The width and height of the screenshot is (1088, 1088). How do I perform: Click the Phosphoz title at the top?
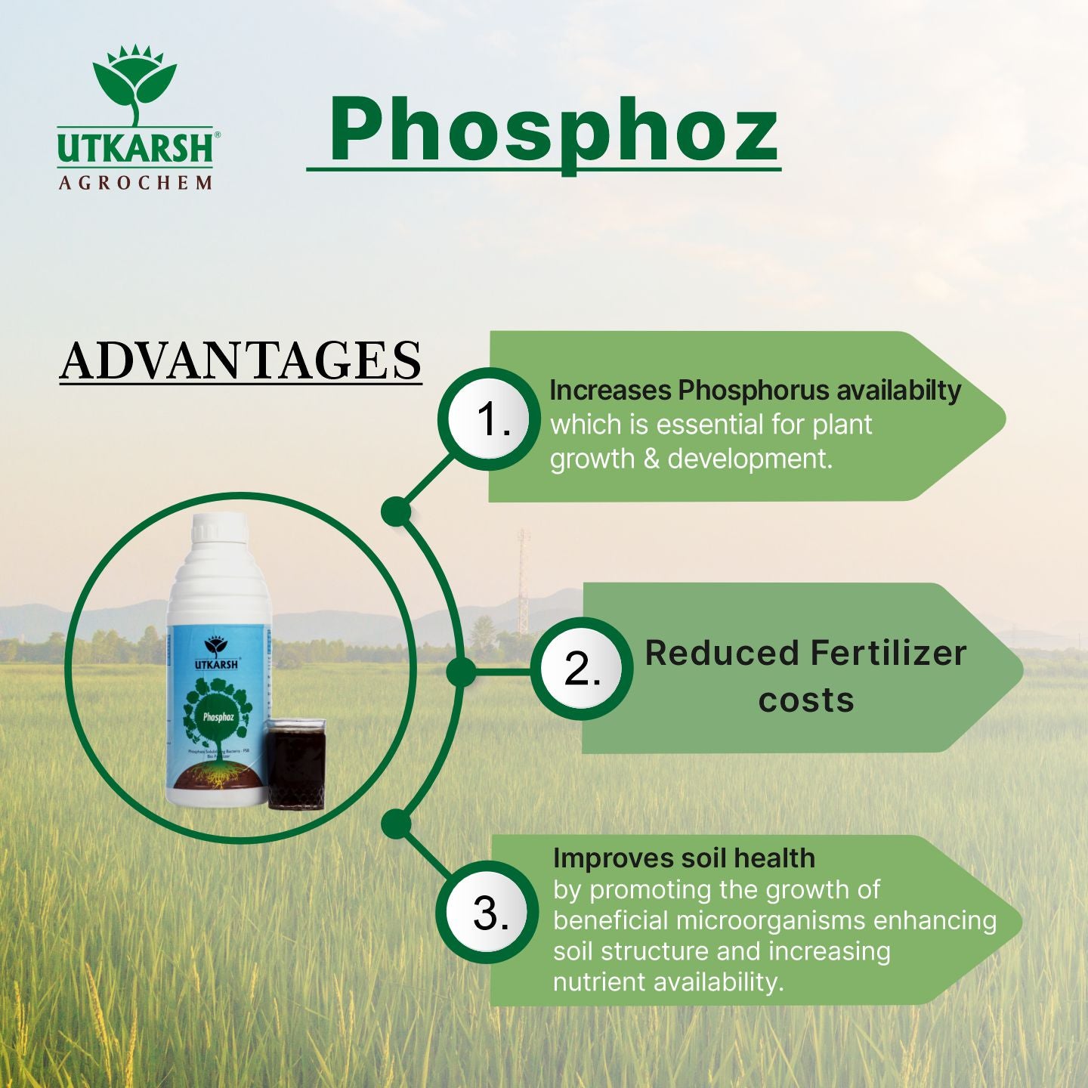coord(553,130)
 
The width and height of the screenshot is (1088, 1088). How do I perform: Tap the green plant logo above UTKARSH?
coord(135,83)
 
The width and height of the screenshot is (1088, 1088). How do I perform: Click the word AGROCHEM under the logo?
coord(135,183)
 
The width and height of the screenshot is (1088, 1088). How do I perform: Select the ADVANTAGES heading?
coord(240,360)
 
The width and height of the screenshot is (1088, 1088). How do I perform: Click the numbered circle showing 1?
coord(490,419)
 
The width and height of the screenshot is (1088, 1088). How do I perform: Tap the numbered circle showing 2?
coord(581,669)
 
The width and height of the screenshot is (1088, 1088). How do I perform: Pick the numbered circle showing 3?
coord(490,912)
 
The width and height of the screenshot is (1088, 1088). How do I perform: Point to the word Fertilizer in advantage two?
coord(888,654)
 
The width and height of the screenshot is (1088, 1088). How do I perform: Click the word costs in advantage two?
coord(806,700)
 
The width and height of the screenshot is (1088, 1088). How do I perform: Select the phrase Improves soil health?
coord(684,858)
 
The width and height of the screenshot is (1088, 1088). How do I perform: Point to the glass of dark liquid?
coord(295,763)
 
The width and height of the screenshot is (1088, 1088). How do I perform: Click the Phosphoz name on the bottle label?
coord(218,716)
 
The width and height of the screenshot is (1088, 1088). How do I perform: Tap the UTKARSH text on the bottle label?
coord(217,664)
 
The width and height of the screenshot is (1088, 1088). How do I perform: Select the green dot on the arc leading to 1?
coord(396,512)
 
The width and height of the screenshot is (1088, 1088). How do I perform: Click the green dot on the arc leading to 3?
coord(396,824)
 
